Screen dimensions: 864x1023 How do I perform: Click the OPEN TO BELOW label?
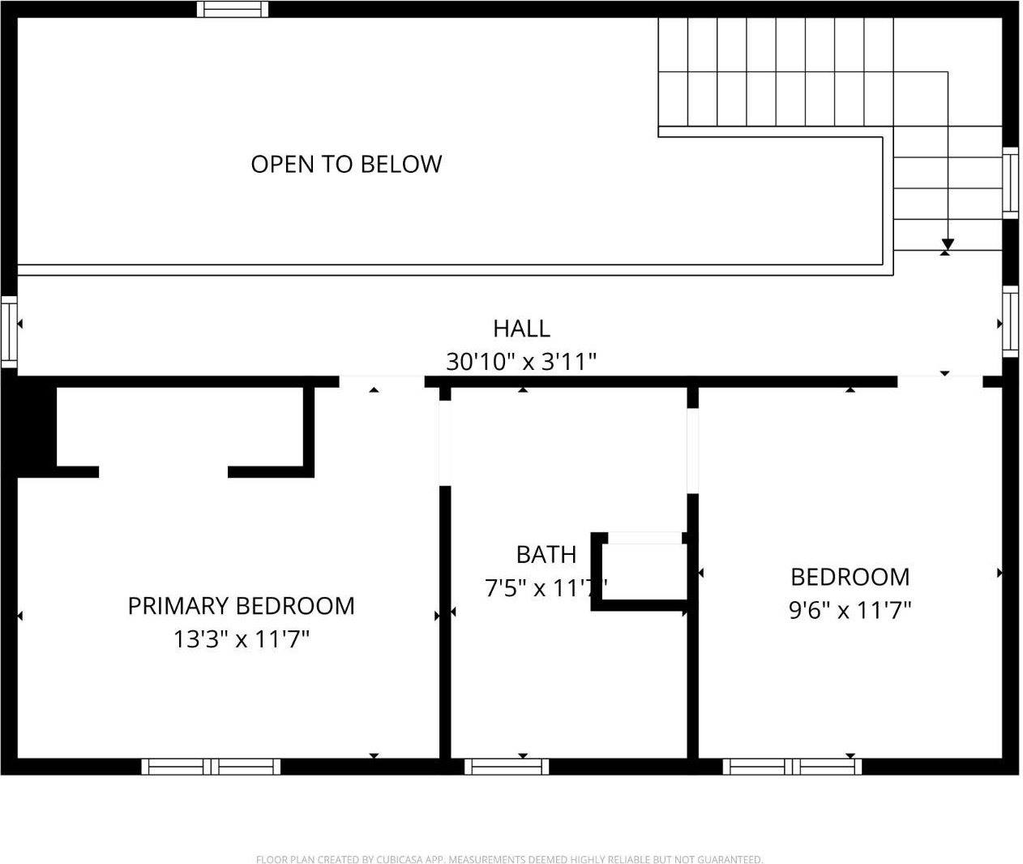coord(346,164)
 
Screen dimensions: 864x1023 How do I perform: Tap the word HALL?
coord(521,329)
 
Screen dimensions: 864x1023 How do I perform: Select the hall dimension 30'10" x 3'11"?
coord(521,361)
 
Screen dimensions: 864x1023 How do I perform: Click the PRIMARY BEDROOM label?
coord(241,606)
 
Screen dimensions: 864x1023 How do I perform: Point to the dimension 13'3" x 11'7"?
coord(241,640)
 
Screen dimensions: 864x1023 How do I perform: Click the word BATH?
coord(546,555)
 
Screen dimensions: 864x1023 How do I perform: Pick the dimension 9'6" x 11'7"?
coord(850,610)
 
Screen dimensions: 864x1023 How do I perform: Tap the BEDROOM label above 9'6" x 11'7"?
coord(850,577)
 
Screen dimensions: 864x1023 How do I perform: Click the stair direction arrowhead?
coord(947,244)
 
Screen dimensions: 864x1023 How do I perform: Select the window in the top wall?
coord(233,9)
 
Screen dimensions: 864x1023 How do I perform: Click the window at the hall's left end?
coord(8,330)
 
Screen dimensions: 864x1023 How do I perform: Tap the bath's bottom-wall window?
coord(507,766)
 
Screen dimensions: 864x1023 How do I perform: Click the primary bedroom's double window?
coord(211,766)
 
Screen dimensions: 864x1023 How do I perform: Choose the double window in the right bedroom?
coord(792,766)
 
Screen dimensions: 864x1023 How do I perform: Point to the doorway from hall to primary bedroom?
coord(381,381)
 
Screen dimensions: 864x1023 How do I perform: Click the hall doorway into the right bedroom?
coord(940,381)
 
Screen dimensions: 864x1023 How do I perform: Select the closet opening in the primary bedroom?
coord(163,471)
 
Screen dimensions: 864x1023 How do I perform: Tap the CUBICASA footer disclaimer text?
coord(509,859)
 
